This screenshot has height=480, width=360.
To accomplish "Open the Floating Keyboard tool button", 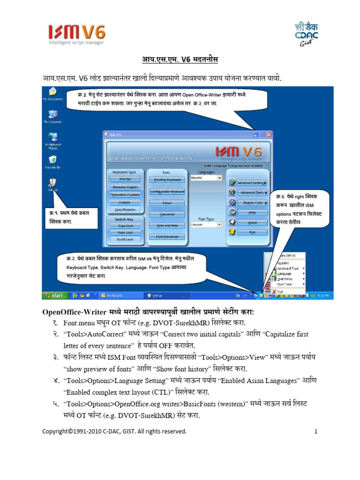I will pyautogui.click(x=167, y=180).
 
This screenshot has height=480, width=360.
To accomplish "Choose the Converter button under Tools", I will pyautogui.click(x=167, y=214).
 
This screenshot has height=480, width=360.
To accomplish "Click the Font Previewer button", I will pyautogui.click(x=167, y=237).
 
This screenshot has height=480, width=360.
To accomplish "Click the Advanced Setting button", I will pyautogui.click(x=252, y=183).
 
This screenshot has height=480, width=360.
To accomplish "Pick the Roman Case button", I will pyautogui.click(x=252, y=202).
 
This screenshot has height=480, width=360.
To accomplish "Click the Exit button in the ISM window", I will pyautogui.click(x=252, y=232).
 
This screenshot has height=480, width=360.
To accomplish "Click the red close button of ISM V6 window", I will pyautogui.click(x=269, y=135).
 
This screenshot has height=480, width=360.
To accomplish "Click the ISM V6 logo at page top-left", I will pyautogui.click(x=77, y=35).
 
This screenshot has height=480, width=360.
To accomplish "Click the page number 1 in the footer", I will pyautogui.click(x=316, y=431).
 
